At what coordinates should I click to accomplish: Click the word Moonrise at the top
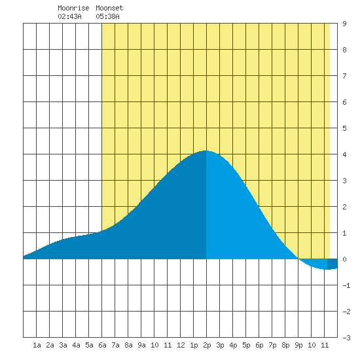[x=73, y=8]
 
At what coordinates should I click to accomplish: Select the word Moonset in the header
[x=109, y=8]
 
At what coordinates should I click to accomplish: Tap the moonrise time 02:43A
[x=69, y=16]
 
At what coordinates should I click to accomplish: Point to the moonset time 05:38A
[x=108, y=16]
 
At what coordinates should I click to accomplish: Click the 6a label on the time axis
[x=102, y=345]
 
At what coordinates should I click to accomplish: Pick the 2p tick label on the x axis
[x=207, y=346]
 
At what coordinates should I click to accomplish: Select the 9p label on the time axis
[x=298, y=346]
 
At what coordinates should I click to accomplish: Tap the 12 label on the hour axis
[x=181, y=345]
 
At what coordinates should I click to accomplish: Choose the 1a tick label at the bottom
[x=37, y=345]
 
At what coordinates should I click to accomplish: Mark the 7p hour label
[x=272, y=346]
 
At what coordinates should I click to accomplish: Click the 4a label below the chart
[x=76, y=345]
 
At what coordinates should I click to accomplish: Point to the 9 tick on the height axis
[x=344, y=24]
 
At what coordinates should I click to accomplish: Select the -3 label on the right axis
[x=346, y=338]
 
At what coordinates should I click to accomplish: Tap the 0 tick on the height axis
[x=344, y=259]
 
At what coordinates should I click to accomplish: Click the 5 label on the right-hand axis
[x=344, y=128]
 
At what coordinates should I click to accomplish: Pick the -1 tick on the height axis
[x=346, y=285]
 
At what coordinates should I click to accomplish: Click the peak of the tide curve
[x=206, y=151]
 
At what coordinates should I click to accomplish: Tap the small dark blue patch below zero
[x=333, y=264]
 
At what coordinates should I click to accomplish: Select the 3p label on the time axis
[x=220, y=346]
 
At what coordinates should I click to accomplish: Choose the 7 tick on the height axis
[x=344, y=76]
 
